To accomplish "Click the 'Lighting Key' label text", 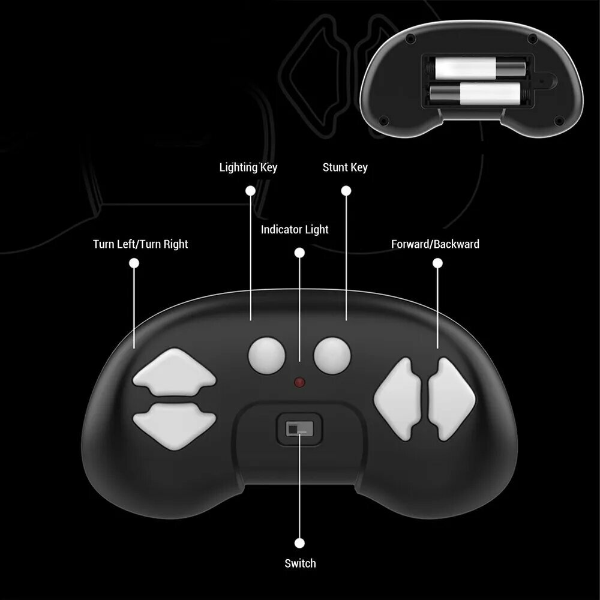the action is point(248,167).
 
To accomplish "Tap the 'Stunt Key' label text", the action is point(345,167).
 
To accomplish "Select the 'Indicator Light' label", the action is point(295,230).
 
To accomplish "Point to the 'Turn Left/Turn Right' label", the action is point(140,244).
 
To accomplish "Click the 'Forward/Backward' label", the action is point(435,244).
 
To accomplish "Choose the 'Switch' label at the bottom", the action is point(301,563).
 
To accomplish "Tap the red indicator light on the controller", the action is point(299,382).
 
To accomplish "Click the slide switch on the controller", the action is point(299,428).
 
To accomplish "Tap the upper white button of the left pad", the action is point(175,372).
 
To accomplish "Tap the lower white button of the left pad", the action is point(175,425).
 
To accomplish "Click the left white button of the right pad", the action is point(398,399).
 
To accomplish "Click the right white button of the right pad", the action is point(452,399).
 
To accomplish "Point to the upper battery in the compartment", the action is point(480,68).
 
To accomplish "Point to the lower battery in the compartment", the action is point(475,94).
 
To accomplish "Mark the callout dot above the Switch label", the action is point(299,543).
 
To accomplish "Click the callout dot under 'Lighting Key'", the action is point(250,191).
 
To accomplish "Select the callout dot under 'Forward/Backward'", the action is point(438,263).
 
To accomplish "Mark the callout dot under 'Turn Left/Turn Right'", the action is point(134,263).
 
